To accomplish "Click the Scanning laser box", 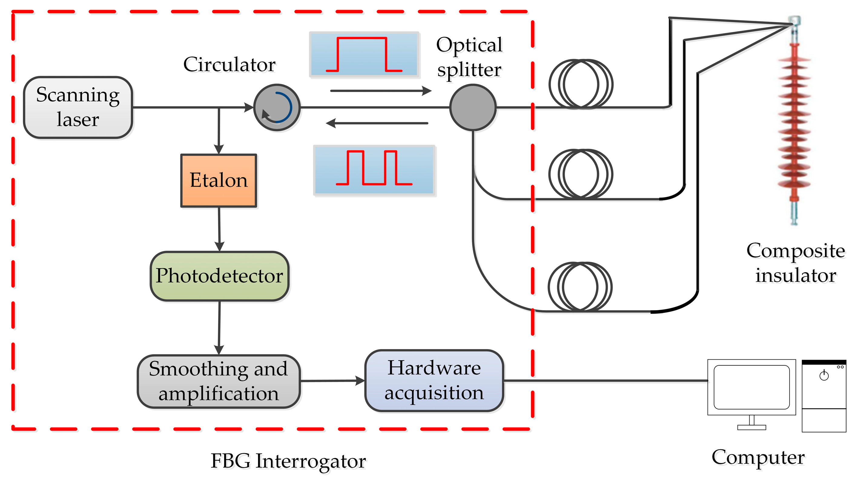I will [78, 107].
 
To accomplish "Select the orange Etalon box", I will [219, 181].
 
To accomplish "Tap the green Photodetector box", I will [220, 276].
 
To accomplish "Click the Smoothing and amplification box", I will [219, 381].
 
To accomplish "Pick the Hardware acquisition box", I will [434, 381].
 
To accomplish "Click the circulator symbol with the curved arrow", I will [277, 107].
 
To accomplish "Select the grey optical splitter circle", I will [473, 107].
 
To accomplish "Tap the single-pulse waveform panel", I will [364, 54].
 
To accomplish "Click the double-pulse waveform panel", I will [374, 170].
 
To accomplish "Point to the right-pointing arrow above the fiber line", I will [380, 91].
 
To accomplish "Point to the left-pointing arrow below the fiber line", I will [377, 123].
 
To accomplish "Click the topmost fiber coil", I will [581, 84].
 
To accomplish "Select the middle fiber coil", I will [581, 174].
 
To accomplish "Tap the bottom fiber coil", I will [580, 287].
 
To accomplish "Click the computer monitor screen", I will [751, 387].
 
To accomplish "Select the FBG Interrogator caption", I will [288, 461].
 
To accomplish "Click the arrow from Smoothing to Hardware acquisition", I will [332, 381].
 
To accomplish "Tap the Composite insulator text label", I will [795, 263].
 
